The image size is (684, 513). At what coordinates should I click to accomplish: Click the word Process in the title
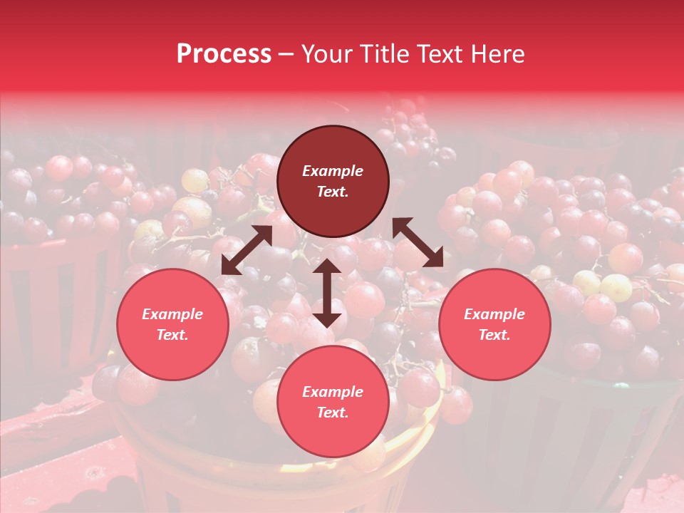pyautogui.click(x=224, y=54)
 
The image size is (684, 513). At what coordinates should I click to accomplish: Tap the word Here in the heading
pyautogui.click(x=496, y=54)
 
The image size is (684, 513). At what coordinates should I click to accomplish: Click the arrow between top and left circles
pyautogui.click(x=247, y=250)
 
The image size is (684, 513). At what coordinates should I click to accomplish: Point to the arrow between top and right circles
pyautogui.click(x=418, y=242)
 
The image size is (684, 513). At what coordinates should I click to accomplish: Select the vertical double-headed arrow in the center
pyautogui.click(x=327, y=293)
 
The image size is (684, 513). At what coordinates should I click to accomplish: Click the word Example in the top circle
pyautogui.click(x=333, y=171)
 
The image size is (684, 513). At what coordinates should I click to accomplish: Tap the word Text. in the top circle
pyautogui.click(x=333, y=192)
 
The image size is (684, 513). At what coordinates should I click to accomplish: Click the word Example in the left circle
pyautogui.click(x=172, y=314)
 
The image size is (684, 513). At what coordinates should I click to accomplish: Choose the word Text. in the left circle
pyautogui.click(x=172, y=335)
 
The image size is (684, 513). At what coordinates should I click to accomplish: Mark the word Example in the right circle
pyautogui.click(x=494, y=314)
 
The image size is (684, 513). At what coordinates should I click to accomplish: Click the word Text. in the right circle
pyautogui.click(x=494, y=335)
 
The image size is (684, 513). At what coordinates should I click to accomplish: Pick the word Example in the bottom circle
pyautogui.click(x=333, y=392)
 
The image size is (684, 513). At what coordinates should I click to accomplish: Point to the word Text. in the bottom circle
pyautogui.click(x=333, y=413)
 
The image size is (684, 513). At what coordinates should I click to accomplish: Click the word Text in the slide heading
pyautogui.click(x=442, y=54)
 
